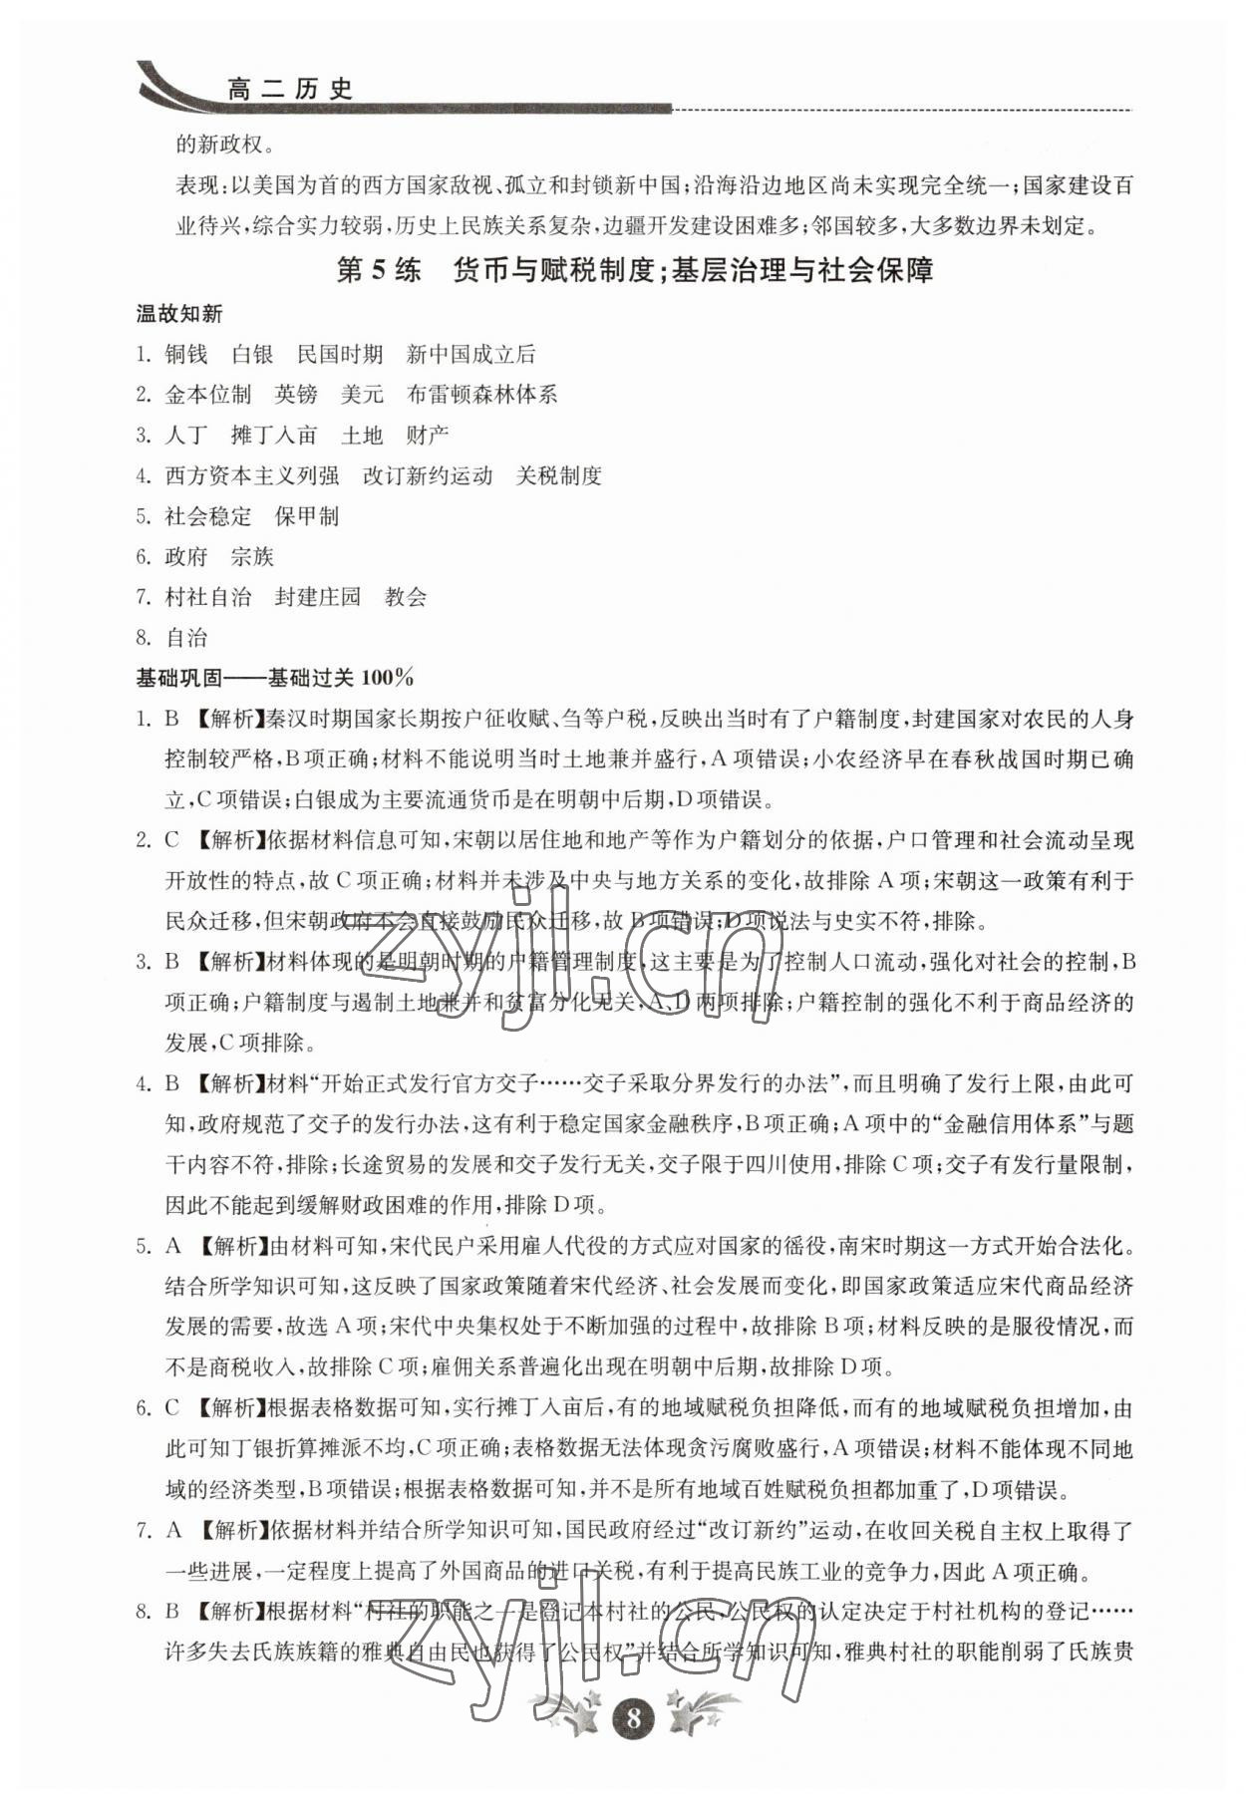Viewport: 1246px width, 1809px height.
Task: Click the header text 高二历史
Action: click(290, 90)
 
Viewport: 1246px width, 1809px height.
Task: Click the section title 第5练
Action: click(379, 270)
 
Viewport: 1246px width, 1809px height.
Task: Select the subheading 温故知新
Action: click(179, 314)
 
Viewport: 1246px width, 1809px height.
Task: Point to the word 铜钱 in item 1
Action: click(186, 354)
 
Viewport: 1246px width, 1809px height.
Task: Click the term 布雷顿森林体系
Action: click(481, 395)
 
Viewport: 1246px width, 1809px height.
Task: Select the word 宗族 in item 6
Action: click(251, 556)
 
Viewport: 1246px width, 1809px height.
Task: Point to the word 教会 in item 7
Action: click(406, 597)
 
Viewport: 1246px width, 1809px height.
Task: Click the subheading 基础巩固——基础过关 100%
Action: click(274, 678)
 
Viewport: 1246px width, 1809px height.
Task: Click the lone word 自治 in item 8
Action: click(186, 638)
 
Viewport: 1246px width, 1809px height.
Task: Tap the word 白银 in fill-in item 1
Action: click(251, 354)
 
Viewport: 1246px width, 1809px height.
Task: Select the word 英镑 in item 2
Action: click(296, 395)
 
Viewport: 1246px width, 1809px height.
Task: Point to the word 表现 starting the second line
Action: click(197, 185)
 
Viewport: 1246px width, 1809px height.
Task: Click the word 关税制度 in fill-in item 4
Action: click(558, 475)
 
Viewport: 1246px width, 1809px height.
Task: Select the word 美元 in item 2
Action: click(362, 395)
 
